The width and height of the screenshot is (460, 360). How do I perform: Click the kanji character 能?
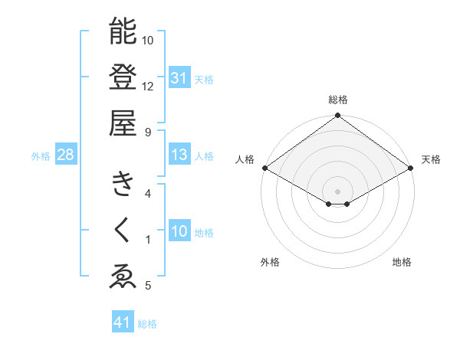[x=123, y=31]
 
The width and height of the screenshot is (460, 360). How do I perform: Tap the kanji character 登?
[x=123, y=77]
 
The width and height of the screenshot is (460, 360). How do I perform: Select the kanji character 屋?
[x=123, y=123]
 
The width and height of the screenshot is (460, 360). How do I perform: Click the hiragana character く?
[x=123, y=230]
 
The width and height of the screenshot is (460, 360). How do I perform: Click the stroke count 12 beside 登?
[x=148, y=86]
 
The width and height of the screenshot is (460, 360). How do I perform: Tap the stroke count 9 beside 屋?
[x=148, y=131]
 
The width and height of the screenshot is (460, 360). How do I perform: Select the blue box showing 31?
[x=179, y=77]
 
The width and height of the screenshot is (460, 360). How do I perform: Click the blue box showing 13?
[x=179, y=155]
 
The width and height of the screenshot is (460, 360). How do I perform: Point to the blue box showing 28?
[x=65, y=155]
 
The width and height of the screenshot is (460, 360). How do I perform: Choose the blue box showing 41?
[x=123, y=322]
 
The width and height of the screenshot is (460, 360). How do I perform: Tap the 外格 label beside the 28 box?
[x=41, y=156]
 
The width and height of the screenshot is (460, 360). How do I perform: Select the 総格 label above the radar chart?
[x=338, y=100]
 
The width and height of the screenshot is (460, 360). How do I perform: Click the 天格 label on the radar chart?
[x=432, y=159]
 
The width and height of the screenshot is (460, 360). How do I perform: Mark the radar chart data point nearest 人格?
[x=264, y=167]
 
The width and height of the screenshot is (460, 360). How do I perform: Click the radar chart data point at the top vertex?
[x=338, y=116]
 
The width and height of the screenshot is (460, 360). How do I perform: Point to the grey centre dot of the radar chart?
[x=338, y=190]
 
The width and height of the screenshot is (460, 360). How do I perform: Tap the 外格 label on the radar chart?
[x=270, y=262]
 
